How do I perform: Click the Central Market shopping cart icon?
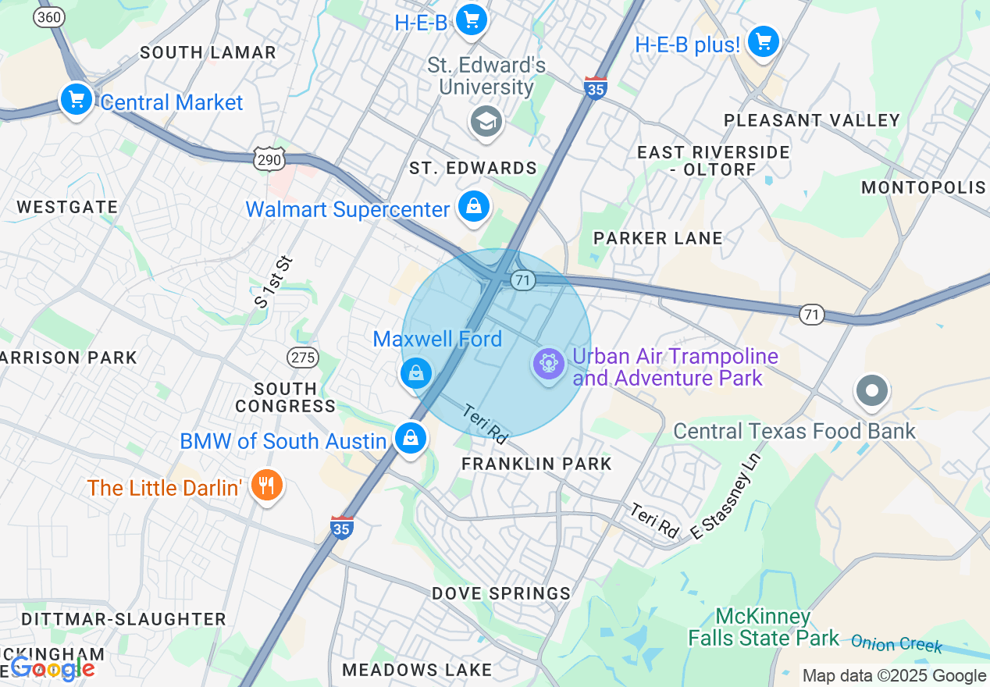pos(77,100)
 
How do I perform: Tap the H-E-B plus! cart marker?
pos(763,41)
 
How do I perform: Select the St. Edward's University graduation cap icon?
pos(486,122)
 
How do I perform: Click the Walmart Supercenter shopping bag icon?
pos(473,207)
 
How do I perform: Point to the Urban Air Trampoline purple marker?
pos(549,365)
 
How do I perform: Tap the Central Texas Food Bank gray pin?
pos(872,390)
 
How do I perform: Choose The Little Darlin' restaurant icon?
pos(267,486)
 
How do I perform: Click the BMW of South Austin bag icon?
pos(410,439)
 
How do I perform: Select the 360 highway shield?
pos(48,16)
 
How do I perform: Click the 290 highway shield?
pos(269,158)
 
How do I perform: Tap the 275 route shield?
pos(302,358)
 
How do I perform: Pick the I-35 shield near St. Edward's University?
pos(596,87)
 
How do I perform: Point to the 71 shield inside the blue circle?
pos(523,279)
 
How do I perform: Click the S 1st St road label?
pos(272,281)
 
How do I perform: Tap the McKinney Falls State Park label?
pos(763,627)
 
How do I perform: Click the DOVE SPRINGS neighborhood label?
pos(501,593)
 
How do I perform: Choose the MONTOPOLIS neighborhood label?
pos(923,187)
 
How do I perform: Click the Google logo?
pos(52,668)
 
